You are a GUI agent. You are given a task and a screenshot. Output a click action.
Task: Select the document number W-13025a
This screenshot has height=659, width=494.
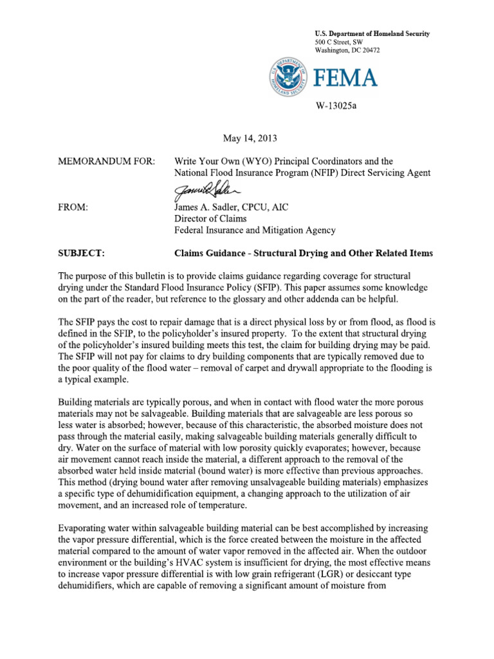click(x=335, y=106)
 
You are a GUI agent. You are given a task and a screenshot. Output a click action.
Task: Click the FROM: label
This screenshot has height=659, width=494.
click(x=73, y=207)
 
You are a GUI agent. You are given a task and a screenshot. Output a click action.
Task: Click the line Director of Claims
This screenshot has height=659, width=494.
click(x=208, y=219)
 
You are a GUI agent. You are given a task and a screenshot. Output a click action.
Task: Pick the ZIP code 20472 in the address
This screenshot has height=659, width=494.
click(x=370, y=50)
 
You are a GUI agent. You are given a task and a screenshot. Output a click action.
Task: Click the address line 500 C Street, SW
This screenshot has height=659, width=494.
click(x=340, y=42)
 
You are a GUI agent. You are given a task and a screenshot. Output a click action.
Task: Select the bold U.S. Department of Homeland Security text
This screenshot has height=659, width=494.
click(x=372, y=33)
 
